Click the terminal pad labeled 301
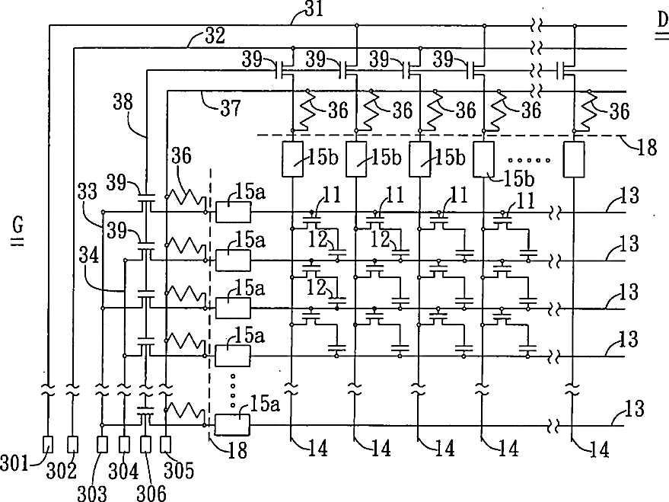pos(48,443)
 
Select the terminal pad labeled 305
pos(166,443)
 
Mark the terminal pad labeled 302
pos(73,443)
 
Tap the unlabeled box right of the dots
pos(574,158)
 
